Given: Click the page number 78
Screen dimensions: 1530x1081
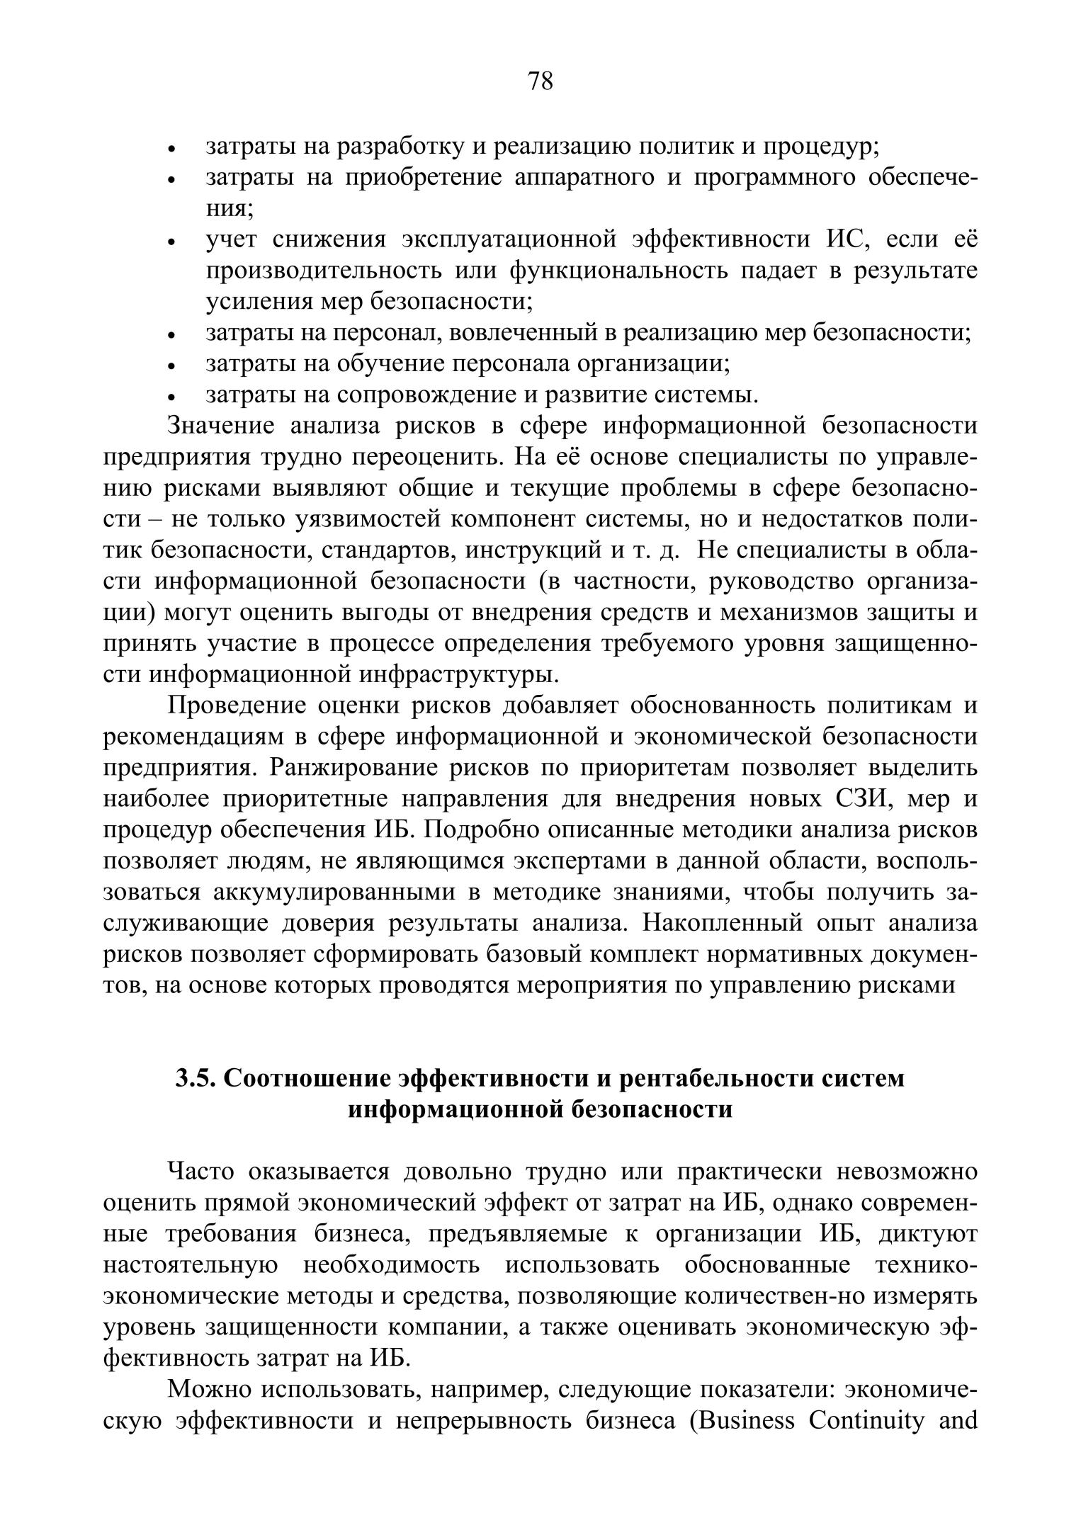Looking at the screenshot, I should pyautogui.click(x=540, y=81).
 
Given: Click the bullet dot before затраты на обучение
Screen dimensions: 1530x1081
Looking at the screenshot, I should pyautogui.click(x=171, y=366).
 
